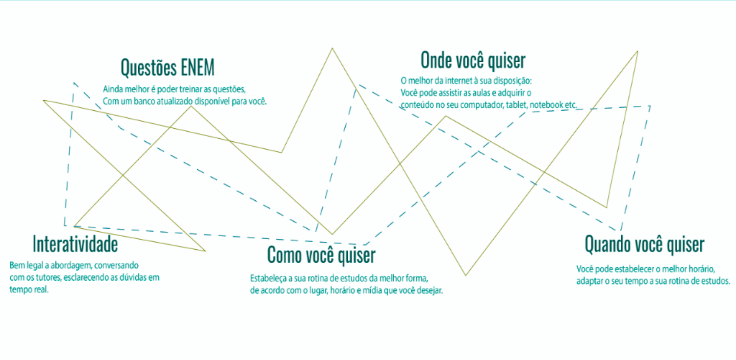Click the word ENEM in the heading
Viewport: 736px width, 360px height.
tap(195, 68)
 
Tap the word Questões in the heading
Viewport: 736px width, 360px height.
tap(147, 68)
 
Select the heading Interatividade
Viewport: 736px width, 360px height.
tap(75, 245)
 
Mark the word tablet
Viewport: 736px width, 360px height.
tap(517, 105)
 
